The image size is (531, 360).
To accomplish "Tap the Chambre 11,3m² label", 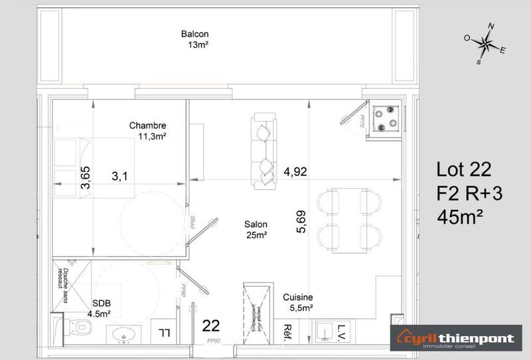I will [148, 131].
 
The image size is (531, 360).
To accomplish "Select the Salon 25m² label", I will [256, 230].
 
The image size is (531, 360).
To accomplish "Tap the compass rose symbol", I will [486, 44].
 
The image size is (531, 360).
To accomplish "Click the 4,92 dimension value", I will [295, 171].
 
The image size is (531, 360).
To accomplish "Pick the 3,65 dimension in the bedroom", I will [85, 178].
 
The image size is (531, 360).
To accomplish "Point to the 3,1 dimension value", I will [119, 177].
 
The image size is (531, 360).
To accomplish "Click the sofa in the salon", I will [263, 150].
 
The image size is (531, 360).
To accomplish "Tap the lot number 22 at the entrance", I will [211, 326].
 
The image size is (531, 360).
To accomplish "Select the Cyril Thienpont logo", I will [455, 338].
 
